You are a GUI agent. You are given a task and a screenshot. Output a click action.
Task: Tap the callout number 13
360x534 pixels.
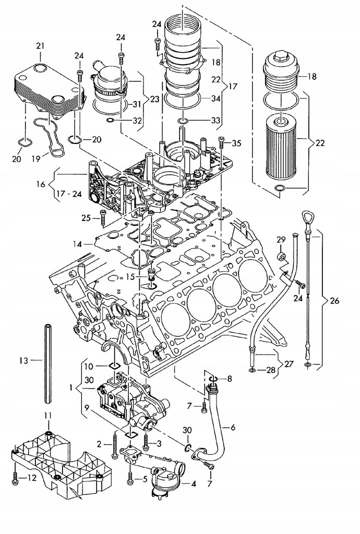(23, 360)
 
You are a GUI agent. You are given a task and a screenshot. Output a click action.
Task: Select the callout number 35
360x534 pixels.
(236, 143)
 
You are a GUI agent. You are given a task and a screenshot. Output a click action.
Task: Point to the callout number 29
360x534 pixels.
(281, 239)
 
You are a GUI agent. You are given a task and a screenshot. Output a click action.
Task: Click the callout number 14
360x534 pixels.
(78, 244)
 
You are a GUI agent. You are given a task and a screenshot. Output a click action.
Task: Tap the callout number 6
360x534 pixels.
(232, 427)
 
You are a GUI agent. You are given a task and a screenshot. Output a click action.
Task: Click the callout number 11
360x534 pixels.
(47, 415)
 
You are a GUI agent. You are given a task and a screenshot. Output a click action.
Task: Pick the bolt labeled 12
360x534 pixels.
(15, 479)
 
